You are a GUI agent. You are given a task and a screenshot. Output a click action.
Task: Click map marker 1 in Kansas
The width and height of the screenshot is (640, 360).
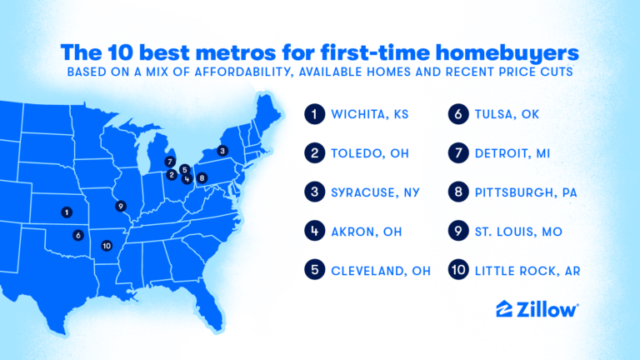(x=67, y=212)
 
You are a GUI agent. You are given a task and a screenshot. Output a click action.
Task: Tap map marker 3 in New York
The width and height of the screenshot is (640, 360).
(x=222, y=151)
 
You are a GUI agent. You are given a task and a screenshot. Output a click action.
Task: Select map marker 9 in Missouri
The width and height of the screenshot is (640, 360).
(x=120, y=206)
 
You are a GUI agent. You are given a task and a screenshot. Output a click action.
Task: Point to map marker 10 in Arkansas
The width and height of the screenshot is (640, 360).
(x=107, y=246)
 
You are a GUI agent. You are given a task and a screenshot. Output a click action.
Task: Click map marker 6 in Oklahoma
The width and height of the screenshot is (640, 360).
(x=78, y=235)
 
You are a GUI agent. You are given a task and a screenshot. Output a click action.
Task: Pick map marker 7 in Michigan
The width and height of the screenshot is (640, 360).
(x=170, y=162)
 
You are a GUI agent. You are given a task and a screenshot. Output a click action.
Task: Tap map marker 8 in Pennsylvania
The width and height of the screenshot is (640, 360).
(x=202, y=178)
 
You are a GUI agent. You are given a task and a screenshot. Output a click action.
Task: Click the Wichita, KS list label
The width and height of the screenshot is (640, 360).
(x=370, y=114)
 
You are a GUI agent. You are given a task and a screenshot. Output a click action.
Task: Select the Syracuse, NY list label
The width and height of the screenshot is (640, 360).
(x=376, y=192)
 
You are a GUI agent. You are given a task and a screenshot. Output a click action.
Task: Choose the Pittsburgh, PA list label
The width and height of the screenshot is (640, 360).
(x=526, y=192)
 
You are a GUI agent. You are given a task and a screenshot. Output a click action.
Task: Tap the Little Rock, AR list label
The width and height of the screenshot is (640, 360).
(x=527, y=271)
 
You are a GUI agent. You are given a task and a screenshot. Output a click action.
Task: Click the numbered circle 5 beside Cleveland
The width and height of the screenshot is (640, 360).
(x=315, y=270)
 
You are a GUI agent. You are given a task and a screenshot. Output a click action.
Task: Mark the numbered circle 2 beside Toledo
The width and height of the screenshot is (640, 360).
(x=315, y=153)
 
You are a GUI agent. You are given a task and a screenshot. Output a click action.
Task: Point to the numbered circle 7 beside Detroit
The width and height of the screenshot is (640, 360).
(x=458, y=153)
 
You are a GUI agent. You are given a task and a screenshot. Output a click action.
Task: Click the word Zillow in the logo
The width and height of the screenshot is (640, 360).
(x=547, y=310)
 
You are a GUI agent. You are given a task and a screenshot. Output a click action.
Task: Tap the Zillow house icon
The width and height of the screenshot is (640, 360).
(x=504, y=309)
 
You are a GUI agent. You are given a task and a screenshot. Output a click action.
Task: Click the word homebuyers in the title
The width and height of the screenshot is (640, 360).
(x=507, y=52)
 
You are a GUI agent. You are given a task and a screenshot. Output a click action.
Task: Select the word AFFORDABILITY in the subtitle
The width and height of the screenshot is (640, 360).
(x=244, y=72)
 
